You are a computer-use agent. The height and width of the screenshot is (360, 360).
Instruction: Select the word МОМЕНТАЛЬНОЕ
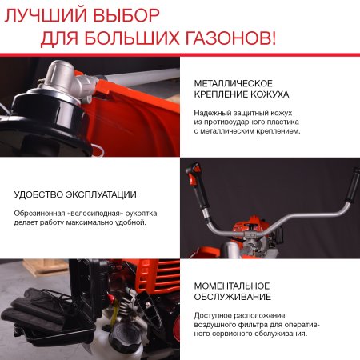pyautogui.click(x=232, y=286)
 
